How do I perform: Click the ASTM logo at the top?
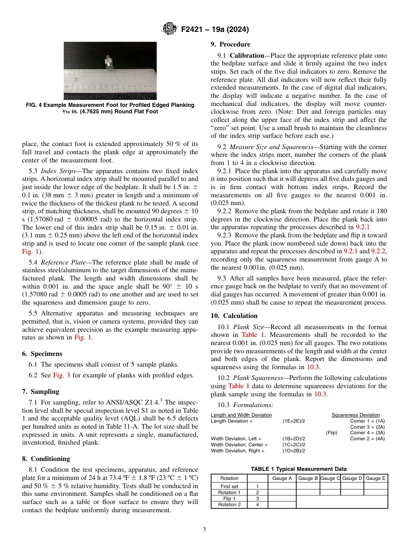pyautogui.click(x=169, y=29)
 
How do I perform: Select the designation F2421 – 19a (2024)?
pyautogui.click(x=215, y=30)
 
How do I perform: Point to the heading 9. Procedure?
pyautogui.click(x=230, y=44)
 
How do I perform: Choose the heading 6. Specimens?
pyautogui.click(x=42, y=354)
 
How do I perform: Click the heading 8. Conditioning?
pyautogui.click(x=46, y=459)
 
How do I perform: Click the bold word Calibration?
pyautogui.click(x=247, y=56)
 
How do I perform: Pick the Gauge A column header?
pyautogui.click(x=282, y=478)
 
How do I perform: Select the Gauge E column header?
pyautogui.click(x=376, y=478)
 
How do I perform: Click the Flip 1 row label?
pyautogui.click(x=229, y=498)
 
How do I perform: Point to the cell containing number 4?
pyautogui.click(x=257, y=505)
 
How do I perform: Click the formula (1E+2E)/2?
pyautogui.click(x=294, y=421)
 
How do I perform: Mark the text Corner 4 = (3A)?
pyautogui.click(x=367, y=433)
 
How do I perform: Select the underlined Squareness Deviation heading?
pyautogui.click(x=356, y=415)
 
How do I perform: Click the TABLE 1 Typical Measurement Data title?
pyautogui.click(x=299, y=469)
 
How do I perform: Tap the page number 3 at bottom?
pyautogui.click(x=204, y=529)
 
